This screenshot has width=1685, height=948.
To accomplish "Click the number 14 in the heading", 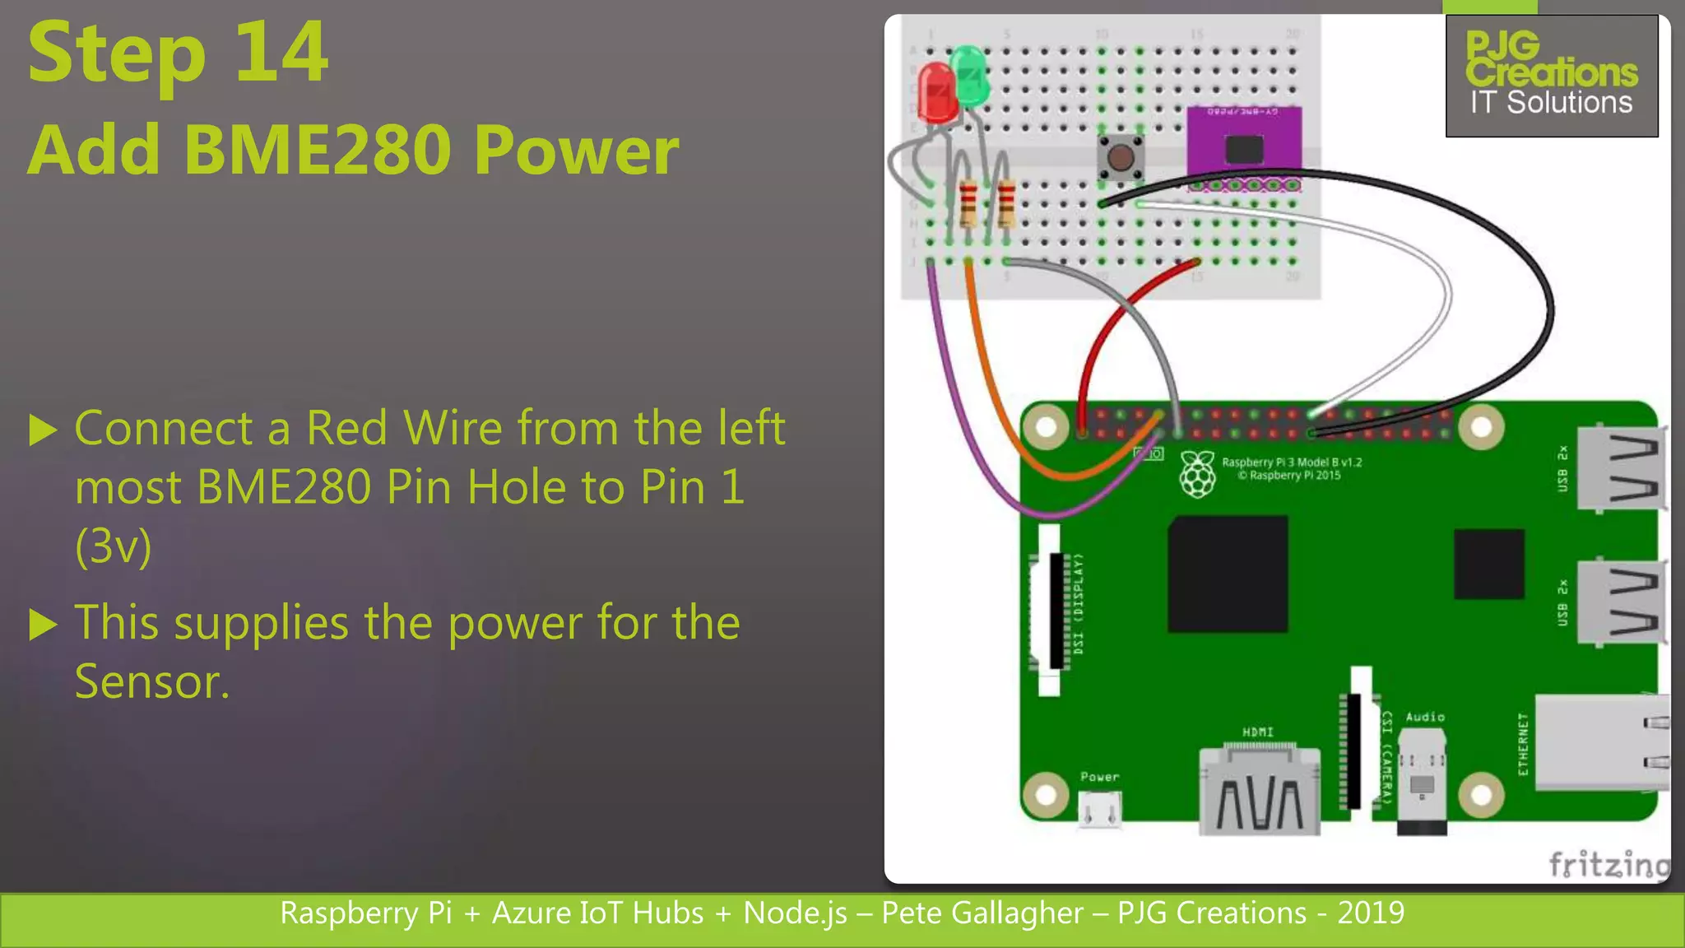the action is point(281,54).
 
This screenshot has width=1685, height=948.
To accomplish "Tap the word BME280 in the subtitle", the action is point(317,151).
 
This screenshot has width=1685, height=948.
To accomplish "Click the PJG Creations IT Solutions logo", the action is point(1552,76).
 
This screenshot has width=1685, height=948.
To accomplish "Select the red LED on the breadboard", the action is point(936,93).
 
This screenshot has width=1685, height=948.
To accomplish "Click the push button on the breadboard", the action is point(1120,156).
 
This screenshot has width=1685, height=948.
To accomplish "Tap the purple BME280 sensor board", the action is point(1244,146).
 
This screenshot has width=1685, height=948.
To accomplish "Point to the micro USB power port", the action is point(1100,810).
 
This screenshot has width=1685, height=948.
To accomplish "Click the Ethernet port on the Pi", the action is point(1600,742).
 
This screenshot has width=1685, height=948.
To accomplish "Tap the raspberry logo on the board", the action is point(1198,474).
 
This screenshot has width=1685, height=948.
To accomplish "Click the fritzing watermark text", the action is point(1608,864).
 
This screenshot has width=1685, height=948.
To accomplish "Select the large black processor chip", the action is point(1228,574).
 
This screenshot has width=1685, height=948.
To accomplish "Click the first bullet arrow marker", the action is point(43,430).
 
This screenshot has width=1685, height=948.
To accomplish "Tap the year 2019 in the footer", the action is point(1371,913).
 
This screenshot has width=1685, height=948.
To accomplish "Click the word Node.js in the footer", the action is point(795,913).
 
